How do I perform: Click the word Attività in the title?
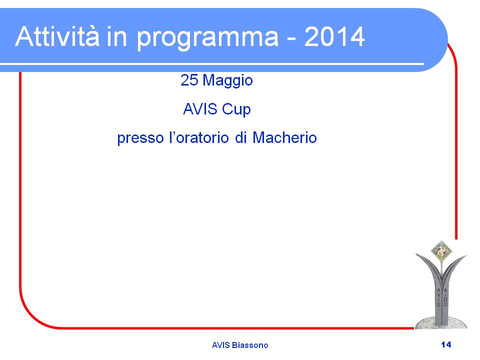tap(57, 36)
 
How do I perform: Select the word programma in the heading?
tap(207, 39)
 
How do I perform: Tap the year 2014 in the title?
tap(334, 36)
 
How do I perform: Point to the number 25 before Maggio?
tap(189, 80)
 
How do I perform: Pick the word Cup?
tap(236, 110)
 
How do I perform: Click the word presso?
tap(140, 138)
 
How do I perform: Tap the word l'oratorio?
tap(199, 137)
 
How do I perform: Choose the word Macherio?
tap(284, 137)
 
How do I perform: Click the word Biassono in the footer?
tap(250, 345)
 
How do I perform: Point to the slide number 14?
tap(446, 344)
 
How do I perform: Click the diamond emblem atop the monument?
tap(441, 251)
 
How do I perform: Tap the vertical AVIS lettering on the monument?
tap(438, 297)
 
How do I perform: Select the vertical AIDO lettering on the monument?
tap(445, 297)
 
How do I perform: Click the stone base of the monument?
tap(441, 323)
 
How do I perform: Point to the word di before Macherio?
tap(240, 137)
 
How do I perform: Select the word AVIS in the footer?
tap(220, 345)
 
